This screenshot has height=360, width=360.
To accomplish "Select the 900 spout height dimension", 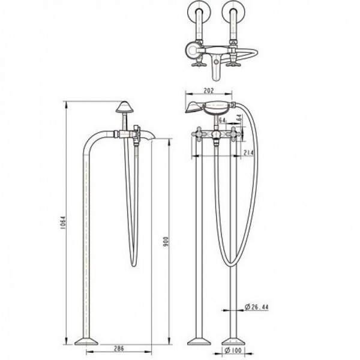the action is coord(166,241).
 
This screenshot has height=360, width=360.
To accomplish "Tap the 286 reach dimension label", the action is coord(119,348).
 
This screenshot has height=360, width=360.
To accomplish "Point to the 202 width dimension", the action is coord(209,91).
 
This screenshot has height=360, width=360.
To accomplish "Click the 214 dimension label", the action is coord(248,152).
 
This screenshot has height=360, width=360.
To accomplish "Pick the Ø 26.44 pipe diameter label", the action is coord(256,307).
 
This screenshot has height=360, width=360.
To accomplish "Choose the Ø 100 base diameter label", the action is coord(233,350).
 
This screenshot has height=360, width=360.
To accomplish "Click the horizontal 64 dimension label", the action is coord(223,120).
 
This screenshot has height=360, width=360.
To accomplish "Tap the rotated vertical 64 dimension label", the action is coord(239,118).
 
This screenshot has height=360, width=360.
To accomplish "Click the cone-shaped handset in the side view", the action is coord(124,107).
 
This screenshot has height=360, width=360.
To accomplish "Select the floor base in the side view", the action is coord(86,341).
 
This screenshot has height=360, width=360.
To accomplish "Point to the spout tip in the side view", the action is coord(154,139).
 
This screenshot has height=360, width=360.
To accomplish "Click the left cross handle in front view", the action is coord(199,133).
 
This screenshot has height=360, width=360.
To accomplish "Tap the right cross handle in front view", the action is coord(234,133).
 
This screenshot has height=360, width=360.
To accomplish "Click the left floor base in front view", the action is coord(199,341).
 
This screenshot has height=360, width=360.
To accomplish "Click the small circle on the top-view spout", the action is coord(215,62).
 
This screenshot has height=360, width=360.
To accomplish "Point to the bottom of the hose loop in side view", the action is coord(134,266).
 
